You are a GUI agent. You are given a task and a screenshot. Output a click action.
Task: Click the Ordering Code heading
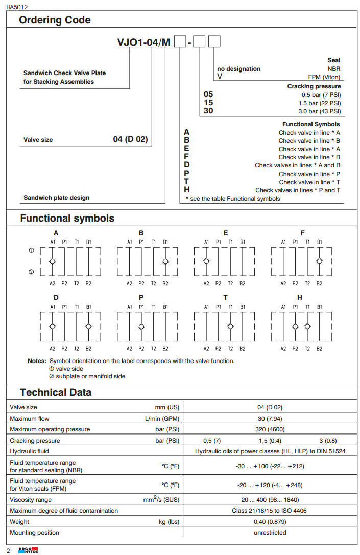point(55,20)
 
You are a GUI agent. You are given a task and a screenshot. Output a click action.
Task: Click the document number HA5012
point(17,7)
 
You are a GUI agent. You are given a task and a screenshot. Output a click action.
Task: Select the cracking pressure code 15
point(208,103)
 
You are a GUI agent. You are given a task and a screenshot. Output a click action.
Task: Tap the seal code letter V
point(220,77)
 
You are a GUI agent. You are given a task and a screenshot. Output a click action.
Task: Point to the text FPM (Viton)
point(324,77)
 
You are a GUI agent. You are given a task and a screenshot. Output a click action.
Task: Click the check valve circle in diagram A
point(53,261)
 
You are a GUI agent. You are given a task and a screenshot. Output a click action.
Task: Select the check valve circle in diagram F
point(319,261)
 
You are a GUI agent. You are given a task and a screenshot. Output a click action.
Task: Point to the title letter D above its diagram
point(56,297)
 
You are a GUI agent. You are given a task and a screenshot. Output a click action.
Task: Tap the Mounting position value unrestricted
point(270,533)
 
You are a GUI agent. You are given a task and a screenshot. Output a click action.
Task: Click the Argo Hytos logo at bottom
point(28,550)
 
